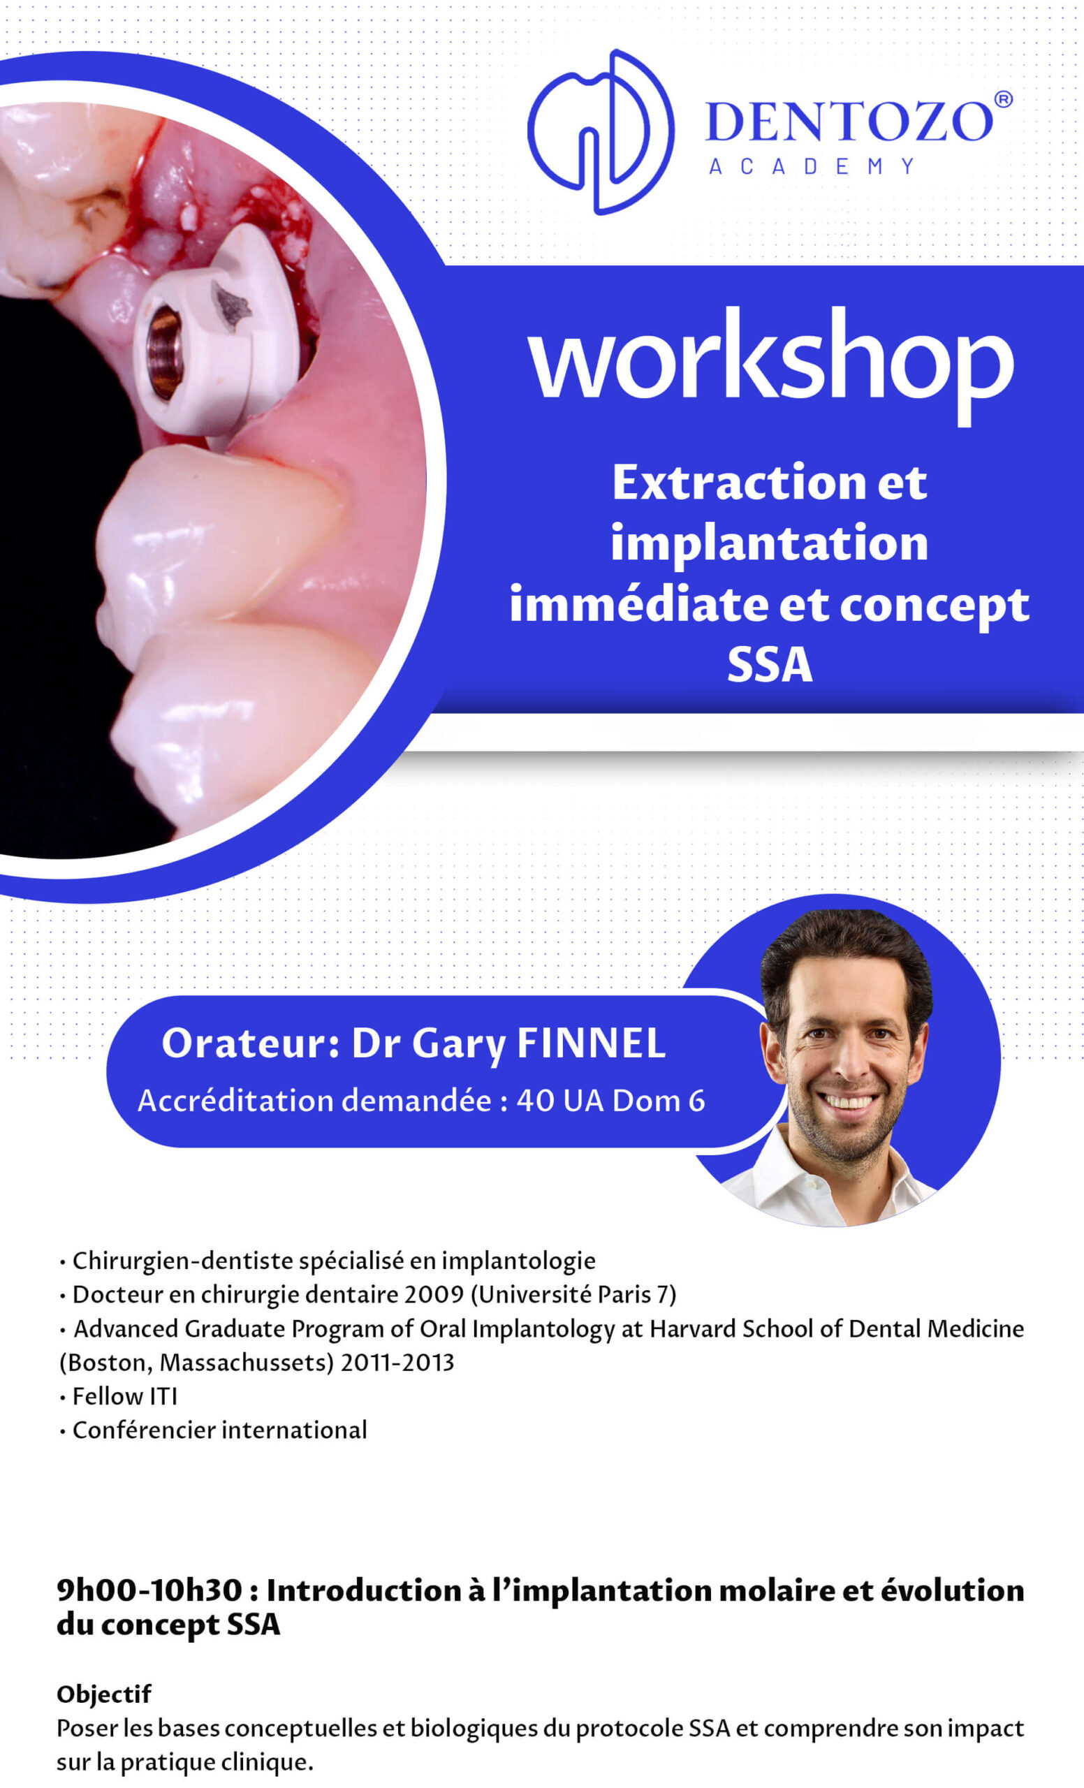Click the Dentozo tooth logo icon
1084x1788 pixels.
601,132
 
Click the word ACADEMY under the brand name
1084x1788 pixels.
811,166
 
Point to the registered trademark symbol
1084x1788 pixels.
1003,99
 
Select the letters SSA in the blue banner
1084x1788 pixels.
770,664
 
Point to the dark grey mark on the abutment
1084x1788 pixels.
231,305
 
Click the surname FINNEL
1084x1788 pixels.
592,1043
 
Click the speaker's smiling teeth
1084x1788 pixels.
847,1103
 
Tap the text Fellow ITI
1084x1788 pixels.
125,1396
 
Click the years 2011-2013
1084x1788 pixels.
397,1363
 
